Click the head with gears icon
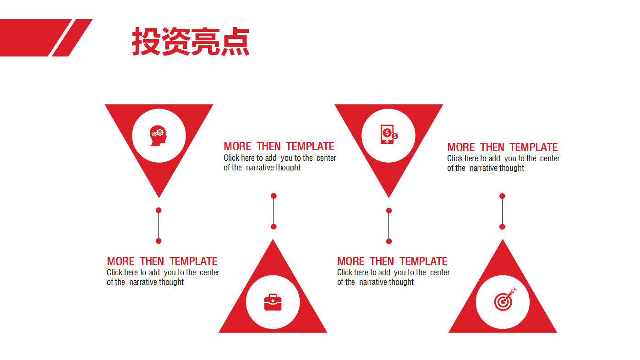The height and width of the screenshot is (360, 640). (159, 136)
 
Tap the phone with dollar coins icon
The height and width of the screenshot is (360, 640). (388, 135)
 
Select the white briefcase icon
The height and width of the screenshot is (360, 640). (273, 302)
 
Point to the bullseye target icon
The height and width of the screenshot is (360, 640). (504, 300)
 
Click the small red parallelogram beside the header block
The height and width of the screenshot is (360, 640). (72, 38)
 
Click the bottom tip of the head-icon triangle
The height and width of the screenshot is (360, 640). (159, 196)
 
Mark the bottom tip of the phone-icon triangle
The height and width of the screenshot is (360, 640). (389, 196)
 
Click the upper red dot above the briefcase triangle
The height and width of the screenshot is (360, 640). (274, 196)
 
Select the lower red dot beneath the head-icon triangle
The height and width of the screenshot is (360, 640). (159, 241)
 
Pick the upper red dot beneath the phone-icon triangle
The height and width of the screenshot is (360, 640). (389, 211)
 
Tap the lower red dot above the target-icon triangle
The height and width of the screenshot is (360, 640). (502, 227)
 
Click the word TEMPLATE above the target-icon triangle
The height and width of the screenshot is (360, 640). (534, 147)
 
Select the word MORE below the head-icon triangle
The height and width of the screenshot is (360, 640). (120, 262)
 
